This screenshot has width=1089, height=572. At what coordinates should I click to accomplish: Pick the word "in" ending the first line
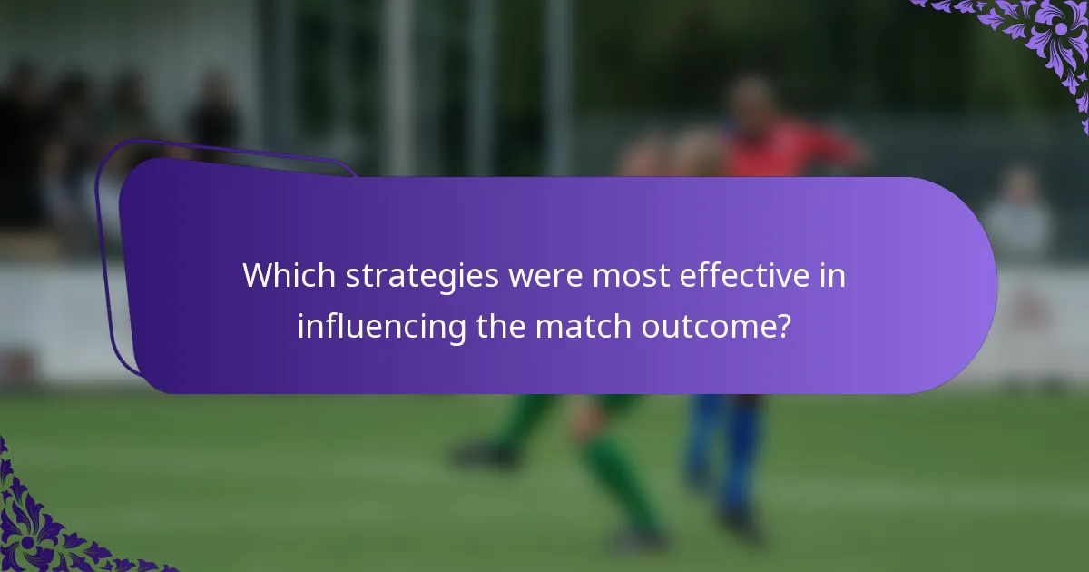833,276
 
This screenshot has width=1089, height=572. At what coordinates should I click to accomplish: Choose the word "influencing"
383,325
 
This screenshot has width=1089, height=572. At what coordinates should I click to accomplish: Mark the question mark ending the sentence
782,325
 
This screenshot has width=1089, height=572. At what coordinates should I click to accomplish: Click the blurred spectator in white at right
1018,218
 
